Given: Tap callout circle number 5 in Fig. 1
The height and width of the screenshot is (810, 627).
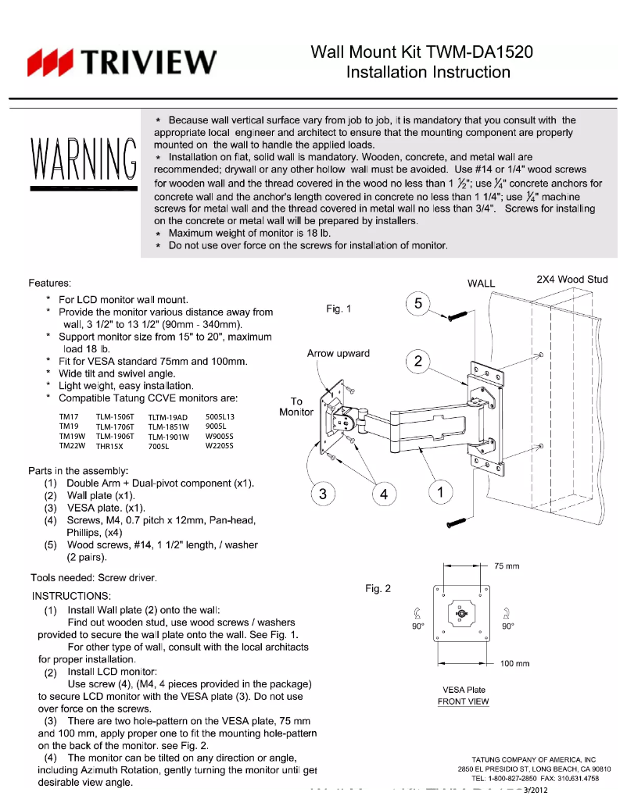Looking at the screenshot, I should pos(418,304).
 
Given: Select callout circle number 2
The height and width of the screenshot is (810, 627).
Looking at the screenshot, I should pos(418,361).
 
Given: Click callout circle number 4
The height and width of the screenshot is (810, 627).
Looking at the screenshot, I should pos(383,494).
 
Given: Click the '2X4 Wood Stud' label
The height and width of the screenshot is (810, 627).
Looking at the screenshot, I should pos(571,279).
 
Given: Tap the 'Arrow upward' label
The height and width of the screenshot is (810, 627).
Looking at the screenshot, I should pos(338,353).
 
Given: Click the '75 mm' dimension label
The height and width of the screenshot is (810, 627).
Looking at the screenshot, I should pos(507,566).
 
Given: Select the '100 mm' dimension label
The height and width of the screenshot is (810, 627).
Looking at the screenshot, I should pos(514,664).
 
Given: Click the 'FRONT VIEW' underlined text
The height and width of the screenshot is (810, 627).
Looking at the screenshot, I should pos(464,701).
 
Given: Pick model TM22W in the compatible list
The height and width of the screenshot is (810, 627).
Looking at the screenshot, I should pos(73,446).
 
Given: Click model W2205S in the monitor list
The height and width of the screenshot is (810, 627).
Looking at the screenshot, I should pos(220,446).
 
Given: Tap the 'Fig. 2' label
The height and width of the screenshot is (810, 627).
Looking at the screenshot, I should pos(378,588).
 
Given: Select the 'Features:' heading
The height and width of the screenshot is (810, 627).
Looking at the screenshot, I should pos(50,283).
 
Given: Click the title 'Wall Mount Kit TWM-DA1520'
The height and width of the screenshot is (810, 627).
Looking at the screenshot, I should pos(422,52).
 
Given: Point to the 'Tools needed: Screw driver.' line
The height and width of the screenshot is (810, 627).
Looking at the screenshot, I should pos(93,578).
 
